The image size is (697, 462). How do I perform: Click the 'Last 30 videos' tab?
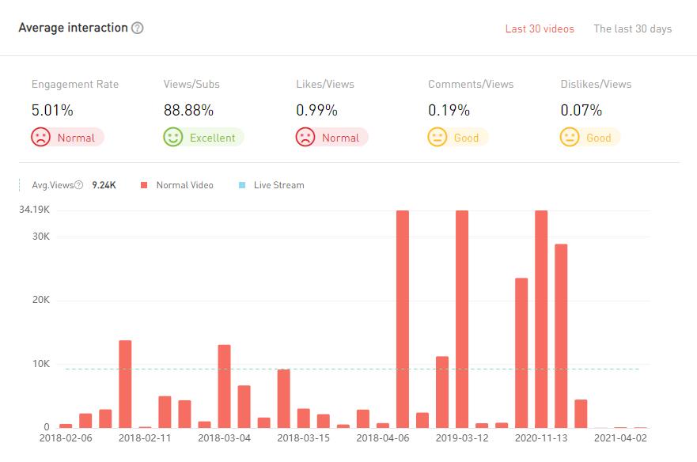[x=540, y=29]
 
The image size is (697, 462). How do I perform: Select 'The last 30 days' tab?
[x=632, y=29]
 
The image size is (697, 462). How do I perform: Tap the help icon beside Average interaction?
[x=138, y=28]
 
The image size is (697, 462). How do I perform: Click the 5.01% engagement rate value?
[x=52, y=110]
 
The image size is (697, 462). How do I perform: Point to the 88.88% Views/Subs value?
[x=188, y=110]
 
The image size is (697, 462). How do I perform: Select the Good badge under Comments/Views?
[x=458, y=138]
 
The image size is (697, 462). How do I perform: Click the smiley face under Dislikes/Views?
[x=569, y=138]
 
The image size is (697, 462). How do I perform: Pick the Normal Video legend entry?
[x=177, y=185]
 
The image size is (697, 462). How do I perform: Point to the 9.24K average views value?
[x=104, y=185]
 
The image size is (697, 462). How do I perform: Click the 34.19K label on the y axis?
[x=35, y=210]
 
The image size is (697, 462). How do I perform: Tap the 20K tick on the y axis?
[x=40, y=301]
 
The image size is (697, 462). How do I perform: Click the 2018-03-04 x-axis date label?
[x=224, y=437]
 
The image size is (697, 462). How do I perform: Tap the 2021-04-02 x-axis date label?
[x=620, y=437]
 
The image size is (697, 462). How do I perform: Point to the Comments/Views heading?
[x=471, y=84]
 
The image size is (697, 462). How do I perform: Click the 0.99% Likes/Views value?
[x=316, y=110]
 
